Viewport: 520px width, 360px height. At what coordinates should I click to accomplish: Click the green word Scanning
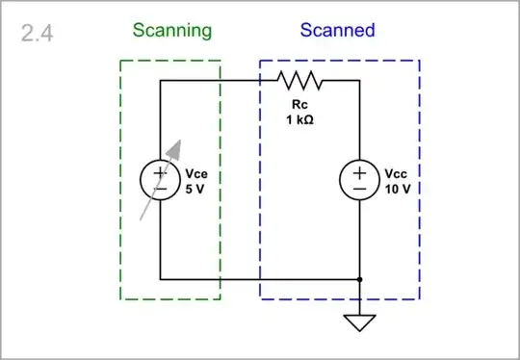171,30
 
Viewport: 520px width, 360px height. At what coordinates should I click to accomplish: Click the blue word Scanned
338,30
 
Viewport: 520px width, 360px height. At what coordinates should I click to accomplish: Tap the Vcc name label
396,174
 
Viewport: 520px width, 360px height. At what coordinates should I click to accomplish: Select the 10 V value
397,189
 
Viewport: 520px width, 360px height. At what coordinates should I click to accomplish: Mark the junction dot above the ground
359,279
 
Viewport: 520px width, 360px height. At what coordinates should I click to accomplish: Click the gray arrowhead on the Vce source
173,147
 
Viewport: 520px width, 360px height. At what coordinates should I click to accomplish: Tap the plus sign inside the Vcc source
359,172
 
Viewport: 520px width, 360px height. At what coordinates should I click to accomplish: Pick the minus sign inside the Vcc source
359,189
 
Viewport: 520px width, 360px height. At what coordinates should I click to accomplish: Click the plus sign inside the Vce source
160,172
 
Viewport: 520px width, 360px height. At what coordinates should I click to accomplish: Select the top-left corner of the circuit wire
160,81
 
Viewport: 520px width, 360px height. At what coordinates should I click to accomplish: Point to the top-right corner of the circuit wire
359,81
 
